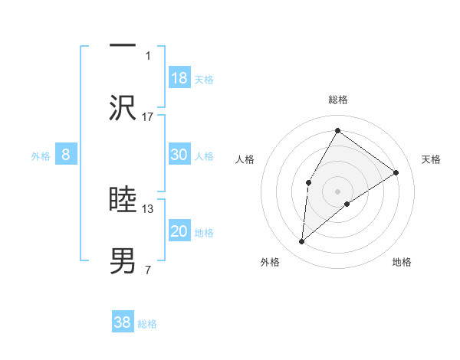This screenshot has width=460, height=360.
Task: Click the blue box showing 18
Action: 179,77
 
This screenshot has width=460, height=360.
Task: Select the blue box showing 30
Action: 179,155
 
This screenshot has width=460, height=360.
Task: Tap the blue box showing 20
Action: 179,231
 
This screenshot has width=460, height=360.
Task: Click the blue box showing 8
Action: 66,155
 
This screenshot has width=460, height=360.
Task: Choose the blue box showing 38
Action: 123,322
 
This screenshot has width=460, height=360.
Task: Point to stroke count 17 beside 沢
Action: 148,116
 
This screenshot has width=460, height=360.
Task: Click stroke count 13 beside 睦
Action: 148,208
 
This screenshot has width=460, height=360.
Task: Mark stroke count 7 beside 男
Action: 148,270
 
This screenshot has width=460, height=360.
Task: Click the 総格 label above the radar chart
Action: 338,100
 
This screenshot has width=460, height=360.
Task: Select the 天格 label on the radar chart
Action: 431,159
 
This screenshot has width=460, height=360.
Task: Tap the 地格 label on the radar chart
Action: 402,262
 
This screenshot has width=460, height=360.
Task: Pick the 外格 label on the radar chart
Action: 270,262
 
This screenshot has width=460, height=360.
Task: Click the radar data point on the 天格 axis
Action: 396,172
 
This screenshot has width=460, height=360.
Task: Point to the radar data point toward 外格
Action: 302,242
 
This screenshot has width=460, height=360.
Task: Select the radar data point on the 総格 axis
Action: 337,131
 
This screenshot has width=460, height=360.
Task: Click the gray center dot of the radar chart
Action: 337,191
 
